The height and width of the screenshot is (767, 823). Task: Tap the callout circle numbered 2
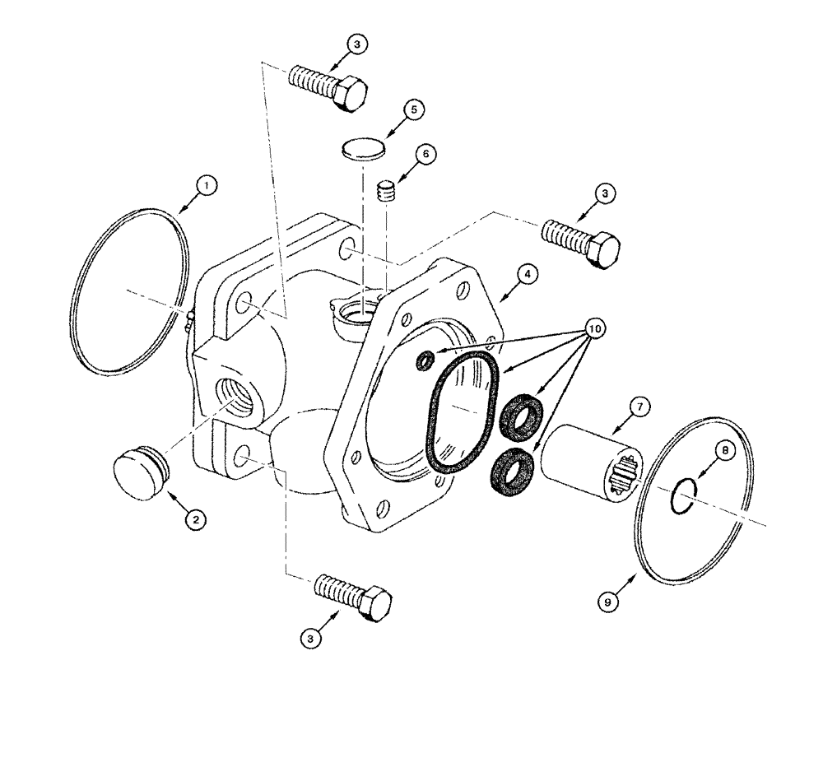(x=194, y=518)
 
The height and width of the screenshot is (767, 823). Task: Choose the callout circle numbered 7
(x=639, y=405)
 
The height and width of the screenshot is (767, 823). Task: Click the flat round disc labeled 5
(x=362, y=150)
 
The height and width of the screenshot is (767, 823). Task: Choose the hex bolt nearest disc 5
(x=328, y=85)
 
